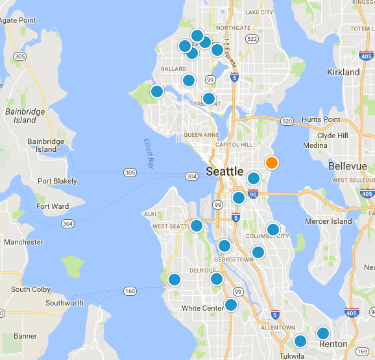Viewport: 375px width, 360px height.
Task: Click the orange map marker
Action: [x=272, y=163]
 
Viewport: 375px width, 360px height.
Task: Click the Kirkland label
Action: [x=344, y=73]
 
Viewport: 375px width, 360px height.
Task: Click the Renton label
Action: [x=333, y=344]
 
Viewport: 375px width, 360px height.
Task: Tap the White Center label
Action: [x=203, y=308]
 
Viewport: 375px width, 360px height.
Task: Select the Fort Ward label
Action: [x=53, y=206]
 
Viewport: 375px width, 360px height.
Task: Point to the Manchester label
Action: [x=23, y=242]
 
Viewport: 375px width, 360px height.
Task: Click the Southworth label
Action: [x=64, y=303]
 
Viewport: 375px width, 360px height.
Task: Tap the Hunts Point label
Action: [x=321, y=120]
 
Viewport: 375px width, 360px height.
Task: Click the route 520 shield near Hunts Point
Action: [x=287, y=121]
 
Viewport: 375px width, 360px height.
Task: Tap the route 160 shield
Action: [x=130, y=291]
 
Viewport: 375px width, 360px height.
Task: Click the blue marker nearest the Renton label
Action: [x=322, y=334]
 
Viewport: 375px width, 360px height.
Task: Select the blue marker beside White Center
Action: [x=230, y=305]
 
